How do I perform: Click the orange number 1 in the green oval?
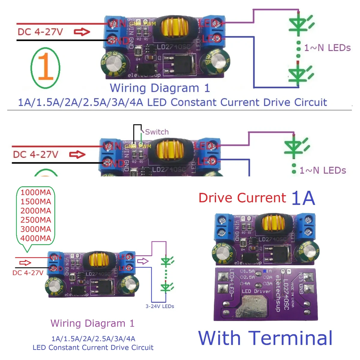coord(46,67)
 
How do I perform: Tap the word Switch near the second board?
coord(157,132)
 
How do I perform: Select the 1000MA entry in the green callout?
coord(36,193)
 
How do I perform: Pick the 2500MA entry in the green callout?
coord(36,220)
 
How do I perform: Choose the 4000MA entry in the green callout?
coord(36,238)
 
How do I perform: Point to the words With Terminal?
coord(265,338)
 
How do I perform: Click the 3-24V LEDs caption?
coord(160,306)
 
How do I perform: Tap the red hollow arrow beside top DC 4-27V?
coord(82,32)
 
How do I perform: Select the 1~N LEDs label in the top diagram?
coord(327,48)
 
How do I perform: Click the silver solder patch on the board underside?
coord(254,306)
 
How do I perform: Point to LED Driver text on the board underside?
coord(256,291)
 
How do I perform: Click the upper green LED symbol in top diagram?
coord(299,24)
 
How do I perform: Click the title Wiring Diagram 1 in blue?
coord(160,88)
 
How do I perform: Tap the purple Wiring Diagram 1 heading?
coord(92,323)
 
